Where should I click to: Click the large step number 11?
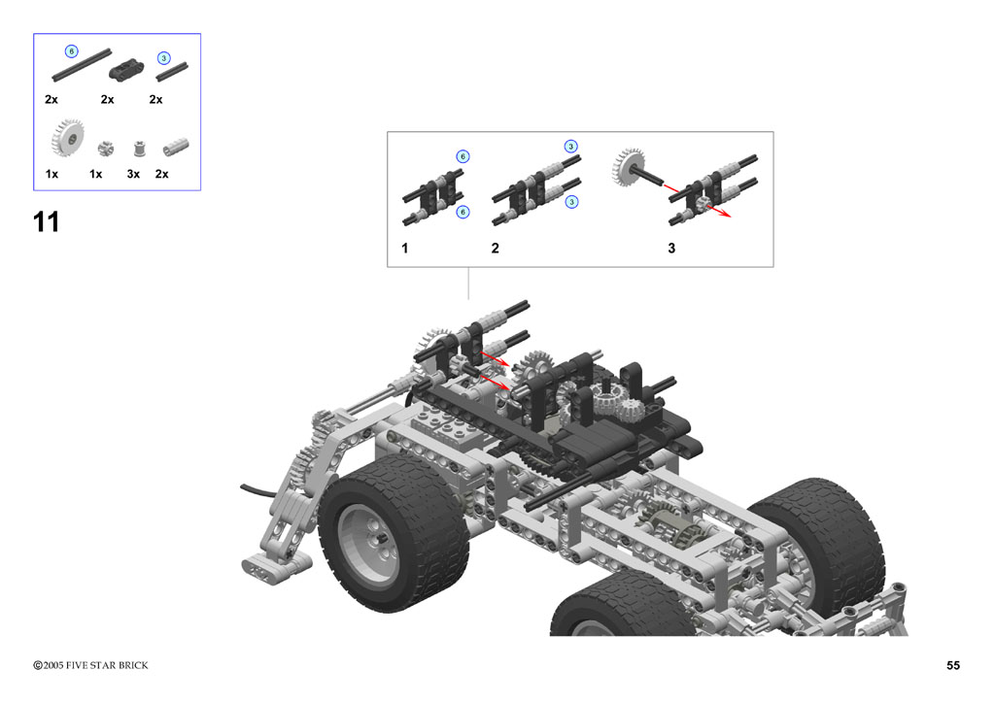(x=46, y=222)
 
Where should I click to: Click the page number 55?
(x=953, y=665)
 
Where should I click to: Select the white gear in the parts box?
(x=67, y=138)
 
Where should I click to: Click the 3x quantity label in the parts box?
(x=133, y=174)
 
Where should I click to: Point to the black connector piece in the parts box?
(x=126, y=69)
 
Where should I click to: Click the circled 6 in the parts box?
(x=72, y=51)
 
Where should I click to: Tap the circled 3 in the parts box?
(x=163, y=58)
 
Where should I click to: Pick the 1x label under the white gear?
(x=51, y=174)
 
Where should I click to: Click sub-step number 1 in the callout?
(x=405, y=248)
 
